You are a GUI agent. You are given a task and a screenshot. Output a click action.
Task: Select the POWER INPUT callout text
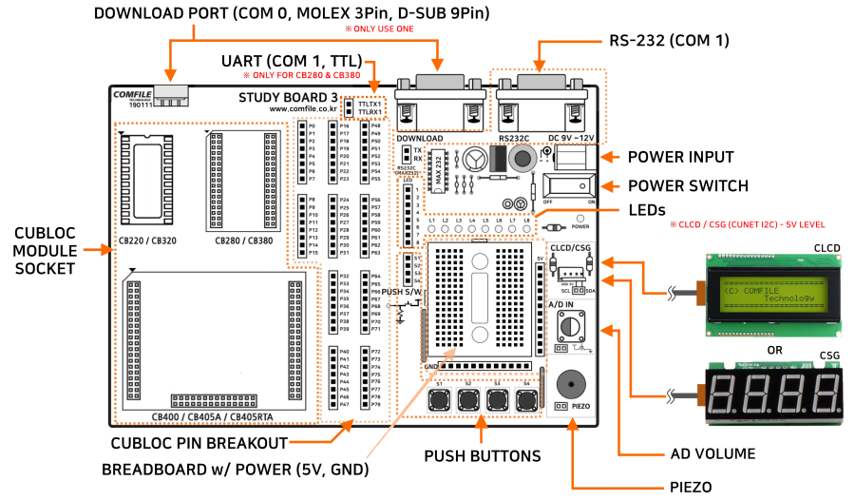tap(680, 157)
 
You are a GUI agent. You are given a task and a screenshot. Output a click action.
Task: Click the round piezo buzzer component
tap(570, 385)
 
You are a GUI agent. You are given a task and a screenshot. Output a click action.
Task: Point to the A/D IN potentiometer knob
tap(570, 326)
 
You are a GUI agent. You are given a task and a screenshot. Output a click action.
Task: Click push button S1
tap(439, 400)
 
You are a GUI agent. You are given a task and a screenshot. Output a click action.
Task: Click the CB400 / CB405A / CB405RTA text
tap(213, 416)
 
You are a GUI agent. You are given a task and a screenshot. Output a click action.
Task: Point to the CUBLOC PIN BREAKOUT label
tap(199, 443)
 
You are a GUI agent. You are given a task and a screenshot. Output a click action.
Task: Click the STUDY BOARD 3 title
tap(288, 97)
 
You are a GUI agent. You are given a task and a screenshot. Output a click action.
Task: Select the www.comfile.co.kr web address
tap(303, 108)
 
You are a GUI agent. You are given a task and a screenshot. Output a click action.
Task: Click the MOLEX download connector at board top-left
tap(172, 95)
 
